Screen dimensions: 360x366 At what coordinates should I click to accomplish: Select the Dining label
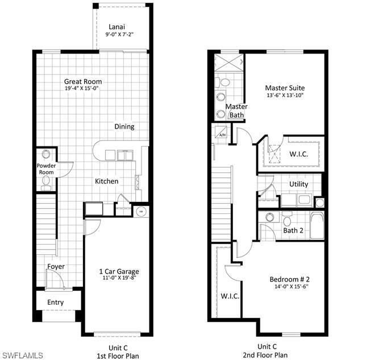click(124, 126)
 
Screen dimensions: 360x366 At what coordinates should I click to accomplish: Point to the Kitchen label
click(106, 181)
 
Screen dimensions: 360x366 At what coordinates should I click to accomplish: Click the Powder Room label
click(46, 169)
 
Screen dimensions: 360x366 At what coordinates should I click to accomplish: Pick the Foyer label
click(56, 266)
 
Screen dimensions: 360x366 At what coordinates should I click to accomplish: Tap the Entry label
click(55, 303)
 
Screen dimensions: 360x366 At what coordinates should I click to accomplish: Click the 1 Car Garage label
click(119, 271)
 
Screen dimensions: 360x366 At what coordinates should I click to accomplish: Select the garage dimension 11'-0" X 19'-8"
click(119, 279)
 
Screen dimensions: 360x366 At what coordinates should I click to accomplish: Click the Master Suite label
click(285, 88)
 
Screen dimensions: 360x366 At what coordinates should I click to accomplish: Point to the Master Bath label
click(236, 110)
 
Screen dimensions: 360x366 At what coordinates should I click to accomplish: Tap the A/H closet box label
click(221, 135)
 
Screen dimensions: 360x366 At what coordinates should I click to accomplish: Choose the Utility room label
click(298, 184)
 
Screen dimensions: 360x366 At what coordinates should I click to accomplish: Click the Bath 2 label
click(293, 230)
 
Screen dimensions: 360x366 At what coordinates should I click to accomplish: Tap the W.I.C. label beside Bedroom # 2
click(230, 296)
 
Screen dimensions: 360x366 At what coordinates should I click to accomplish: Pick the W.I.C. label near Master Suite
click(299, 154)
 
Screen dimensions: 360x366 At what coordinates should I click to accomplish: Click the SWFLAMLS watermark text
click(23, 355)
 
